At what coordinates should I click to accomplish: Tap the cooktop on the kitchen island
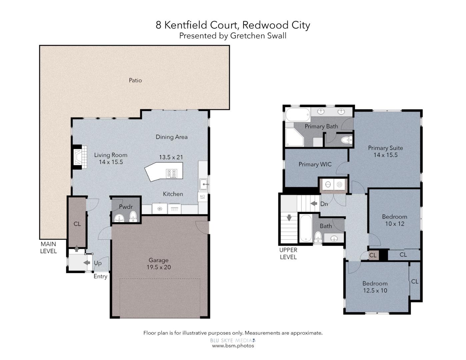click(x=172, y=173)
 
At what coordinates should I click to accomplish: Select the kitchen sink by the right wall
click(x=203, y=184)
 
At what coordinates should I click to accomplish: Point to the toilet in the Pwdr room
click(x=133, y=216)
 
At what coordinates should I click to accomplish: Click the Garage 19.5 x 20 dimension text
click(x=159, y=267)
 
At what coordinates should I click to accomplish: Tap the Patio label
click(x=135, y=80)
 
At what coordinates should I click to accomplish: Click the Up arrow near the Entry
click(x=87, y=263)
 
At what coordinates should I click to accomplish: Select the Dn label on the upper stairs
click(x=324, y=204)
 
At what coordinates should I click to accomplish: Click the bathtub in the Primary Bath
click(x=298, y=114)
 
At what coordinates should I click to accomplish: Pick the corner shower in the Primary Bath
click(x=294, y=137)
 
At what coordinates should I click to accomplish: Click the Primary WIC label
click(x=315, y=164)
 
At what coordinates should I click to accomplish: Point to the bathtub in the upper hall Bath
click(x=305, y=228)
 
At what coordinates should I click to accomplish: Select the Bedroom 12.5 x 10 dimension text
click(x=375, y=291)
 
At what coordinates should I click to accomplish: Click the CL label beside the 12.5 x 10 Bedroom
click(x=414, y=282)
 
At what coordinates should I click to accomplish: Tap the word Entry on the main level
click(x=100, y=276)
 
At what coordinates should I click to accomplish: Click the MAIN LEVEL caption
click(x=48, y=248)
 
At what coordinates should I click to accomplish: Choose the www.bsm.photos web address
click(x=233, y=346)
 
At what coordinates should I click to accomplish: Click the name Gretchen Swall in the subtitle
click(x=258, y=36)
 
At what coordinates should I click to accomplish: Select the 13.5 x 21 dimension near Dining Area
click(x=171, y=157)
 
